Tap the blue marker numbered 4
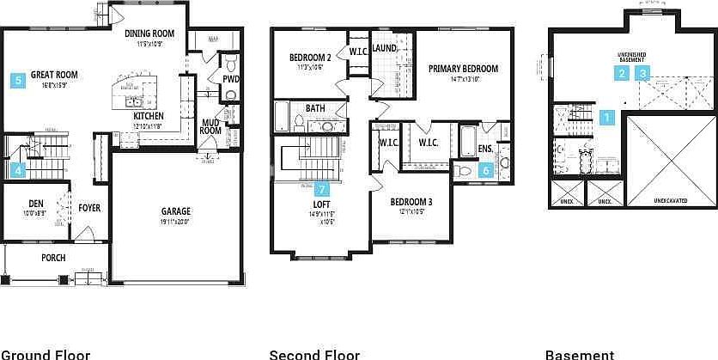click(x=18, y=171)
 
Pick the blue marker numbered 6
click(x=486, y=170)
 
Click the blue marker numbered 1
click(x=607, y=118)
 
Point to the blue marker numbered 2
click(x=621, y=74)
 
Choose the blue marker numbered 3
click(x=643, y=74)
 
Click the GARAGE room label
click(x=176, y=211)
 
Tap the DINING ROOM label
click(x=149, y=34)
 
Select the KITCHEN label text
click(x=149, y=116)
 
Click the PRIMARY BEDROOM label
click(x=462, y=69)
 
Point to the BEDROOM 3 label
click(x=410, y=203)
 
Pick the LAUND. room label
click(x=384, y=48)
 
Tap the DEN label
click(x=36, y=204)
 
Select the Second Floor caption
click(x=314, y=354)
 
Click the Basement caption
click(x=580, y=354)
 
